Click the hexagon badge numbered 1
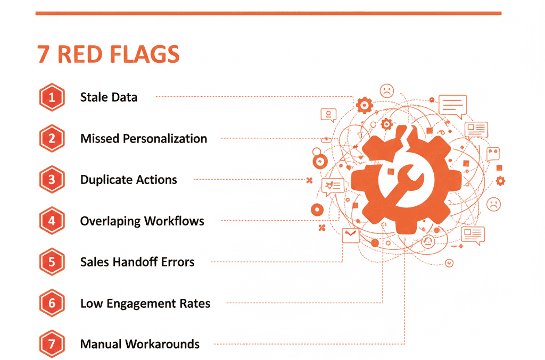[x=52, y=97]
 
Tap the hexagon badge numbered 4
[x=52, y=221]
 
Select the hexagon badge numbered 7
[x=52, y=344]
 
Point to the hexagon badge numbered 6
[x=52, y=304]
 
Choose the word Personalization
[x=165, y=139]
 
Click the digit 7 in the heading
[x=43, y=54]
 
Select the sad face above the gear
[x=386, y=90]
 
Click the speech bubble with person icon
[x=328, y=114]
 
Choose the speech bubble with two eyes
[x=493, y=154]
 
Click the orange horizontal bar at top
[x=268, y=13]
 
